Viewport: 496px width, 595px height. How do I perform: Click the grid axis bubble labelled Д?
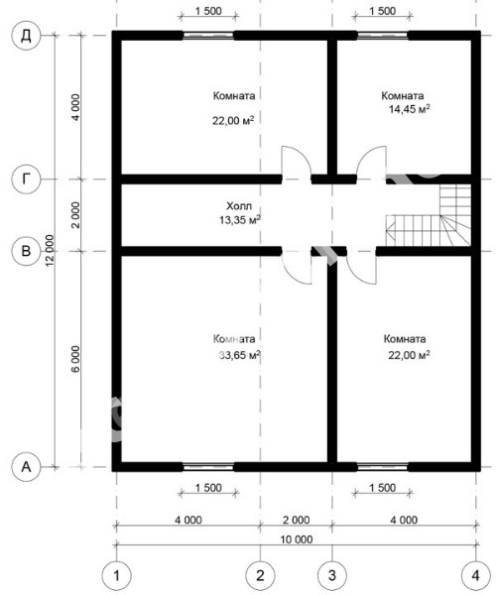coord(26,36)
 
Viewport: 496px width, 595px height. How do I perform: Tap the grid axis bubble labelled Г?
coord(26,178)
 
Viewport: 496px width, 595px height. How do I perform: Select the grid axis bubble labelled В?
coord(26,251)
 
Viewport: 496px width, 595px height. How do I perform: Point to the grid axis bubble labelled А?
coord(26,467)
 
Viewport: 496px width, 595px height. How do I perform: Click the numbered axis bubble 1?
coord(116,575)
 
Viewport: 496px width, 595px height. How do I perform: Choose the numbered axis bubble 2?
coord(260,575)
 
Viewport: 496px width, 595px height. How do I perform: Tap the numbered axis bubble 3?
coord(332,575)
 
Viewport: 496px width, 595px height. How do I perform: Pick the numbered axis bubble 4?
coord(476,575)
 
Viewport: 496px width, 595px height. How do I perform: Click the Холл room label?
coord(239,206)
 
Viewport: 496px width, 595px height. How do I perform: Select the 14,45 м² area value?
coord(410,109)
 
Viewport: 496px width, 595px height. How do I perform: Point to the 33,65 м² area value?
coord(240,355)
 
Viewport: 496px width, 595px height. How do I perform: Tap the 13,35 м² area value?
coord(240,220)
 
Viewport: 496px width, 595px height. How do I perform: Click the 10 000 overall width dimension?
coord(298,539)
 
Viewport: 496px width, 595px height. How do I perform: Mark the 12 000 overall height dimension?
coord(50,251)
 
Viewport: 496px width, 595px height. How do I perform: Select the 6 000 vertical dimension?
coord(76,359)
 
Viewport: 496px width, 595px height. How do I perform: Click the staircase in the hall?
coord(429,215)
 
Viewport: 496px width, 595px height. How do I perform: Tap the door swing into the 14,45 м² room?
coord(372,161)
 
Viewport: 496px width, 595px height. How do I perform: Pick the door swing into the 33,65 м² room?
coord(297,269)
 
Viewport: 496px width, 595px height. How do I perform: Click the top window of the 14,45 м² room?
coord(383,36)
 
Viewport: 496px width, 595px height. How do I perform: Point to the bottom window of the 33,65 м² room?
coord(208,467)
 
